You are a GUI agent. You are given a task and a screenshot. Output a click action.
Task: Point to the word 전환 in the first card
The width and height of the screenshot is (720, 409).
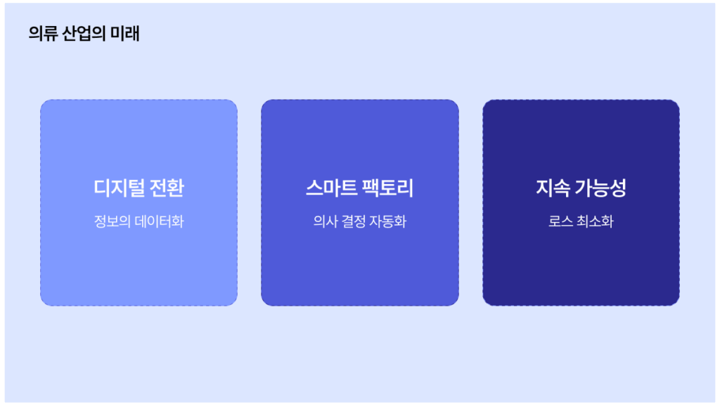point(167,188)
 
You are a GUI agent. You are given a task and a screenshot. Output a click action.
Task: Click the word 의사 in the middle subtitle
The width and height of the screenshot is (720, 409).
point(326,221)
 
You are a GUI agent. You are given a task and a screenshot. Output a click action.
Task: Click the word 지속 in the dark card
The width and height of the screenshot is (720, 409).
point(553,188)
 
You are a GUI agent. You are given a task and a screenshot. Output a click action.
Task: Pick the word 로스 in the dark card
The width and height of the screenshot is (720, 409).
point(560,221)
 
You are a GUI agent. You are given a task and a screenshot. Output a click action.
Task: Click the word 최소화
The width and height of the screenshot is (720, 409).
point(595,221)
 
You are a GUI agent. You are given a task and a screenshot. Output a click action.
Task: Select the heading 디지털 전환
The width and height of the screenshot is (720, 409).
point(139,188)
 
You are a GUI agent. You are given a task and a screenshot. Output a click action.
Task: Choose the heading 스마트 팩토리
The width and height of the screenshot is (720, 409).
point(359,188)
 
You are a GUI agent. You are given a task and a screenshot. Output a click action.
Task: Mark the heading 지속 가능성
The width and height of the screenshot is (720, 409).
point(581,188)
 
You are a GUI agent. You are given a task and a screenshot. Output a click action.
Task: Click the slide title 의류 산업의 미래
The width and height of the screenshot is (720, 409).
point(84,34)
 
